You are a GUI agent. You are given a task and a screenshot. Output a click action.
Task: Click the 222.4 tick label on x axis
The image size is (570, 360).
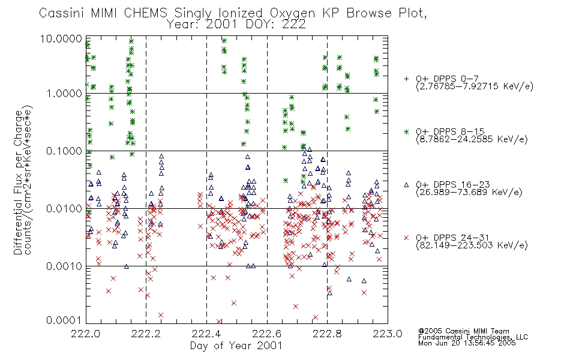(206, 334)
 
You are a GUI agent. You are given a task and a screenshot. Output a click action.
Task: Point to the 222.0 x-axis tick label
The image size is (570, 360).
(85, 334)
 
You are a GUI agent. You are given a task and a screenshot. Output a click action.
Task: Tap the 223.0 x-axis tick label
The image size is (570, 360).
(388, 334)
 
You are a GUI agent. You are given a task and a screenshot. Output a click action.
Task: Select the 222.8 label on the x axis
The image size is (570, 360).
(327, 334)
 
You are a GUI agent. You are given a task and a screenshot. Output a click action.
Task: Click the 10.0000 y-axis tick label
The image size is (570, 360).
(61, 38)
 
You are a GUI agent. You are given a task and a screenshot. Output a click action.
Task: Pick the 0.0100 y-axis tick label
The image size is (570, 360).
(64, 209)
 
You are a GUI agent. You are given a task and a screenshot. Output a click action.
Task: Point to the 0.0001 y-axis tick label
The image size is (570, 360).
(64, 320)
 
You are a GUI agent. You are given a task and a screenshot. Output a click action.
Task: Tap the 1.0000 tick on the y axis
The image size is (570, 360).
(64, 94)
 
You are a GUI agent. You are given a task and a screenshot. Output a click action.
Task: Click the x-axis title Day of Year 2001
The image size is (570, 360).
(236, 346)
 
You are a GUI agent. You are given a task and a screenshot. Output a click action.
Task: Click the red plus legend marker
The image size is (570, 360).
(406, 79)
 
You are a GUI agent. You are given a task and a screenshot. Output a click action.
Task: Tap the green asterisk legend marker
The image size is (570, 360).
(406, 131)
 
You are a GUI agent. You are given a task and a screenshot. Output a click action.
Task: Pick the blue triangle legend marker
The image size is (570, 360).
(406, 185)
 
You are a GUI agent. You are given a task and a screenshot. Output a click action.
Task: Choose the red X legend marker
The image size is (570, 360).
(406, 238)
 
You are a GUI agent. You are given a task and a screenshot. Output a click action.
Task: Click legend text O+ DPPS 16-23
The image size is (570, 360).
(453, 185)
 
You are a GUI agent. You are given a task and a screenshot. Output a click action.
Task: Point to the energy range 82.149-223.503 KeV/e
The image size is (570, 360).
(472, 245)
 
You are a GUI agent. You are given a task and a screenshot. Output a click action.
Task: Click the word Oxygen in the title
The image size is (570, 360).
(293, 13)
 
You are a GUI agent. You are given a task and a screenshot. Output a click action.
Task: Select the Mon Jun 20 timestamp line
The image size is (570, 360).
(467, 343)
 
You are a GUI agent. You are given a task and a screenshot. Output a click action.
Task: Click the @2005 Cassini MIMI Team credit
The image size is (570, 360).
(463, 331)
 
